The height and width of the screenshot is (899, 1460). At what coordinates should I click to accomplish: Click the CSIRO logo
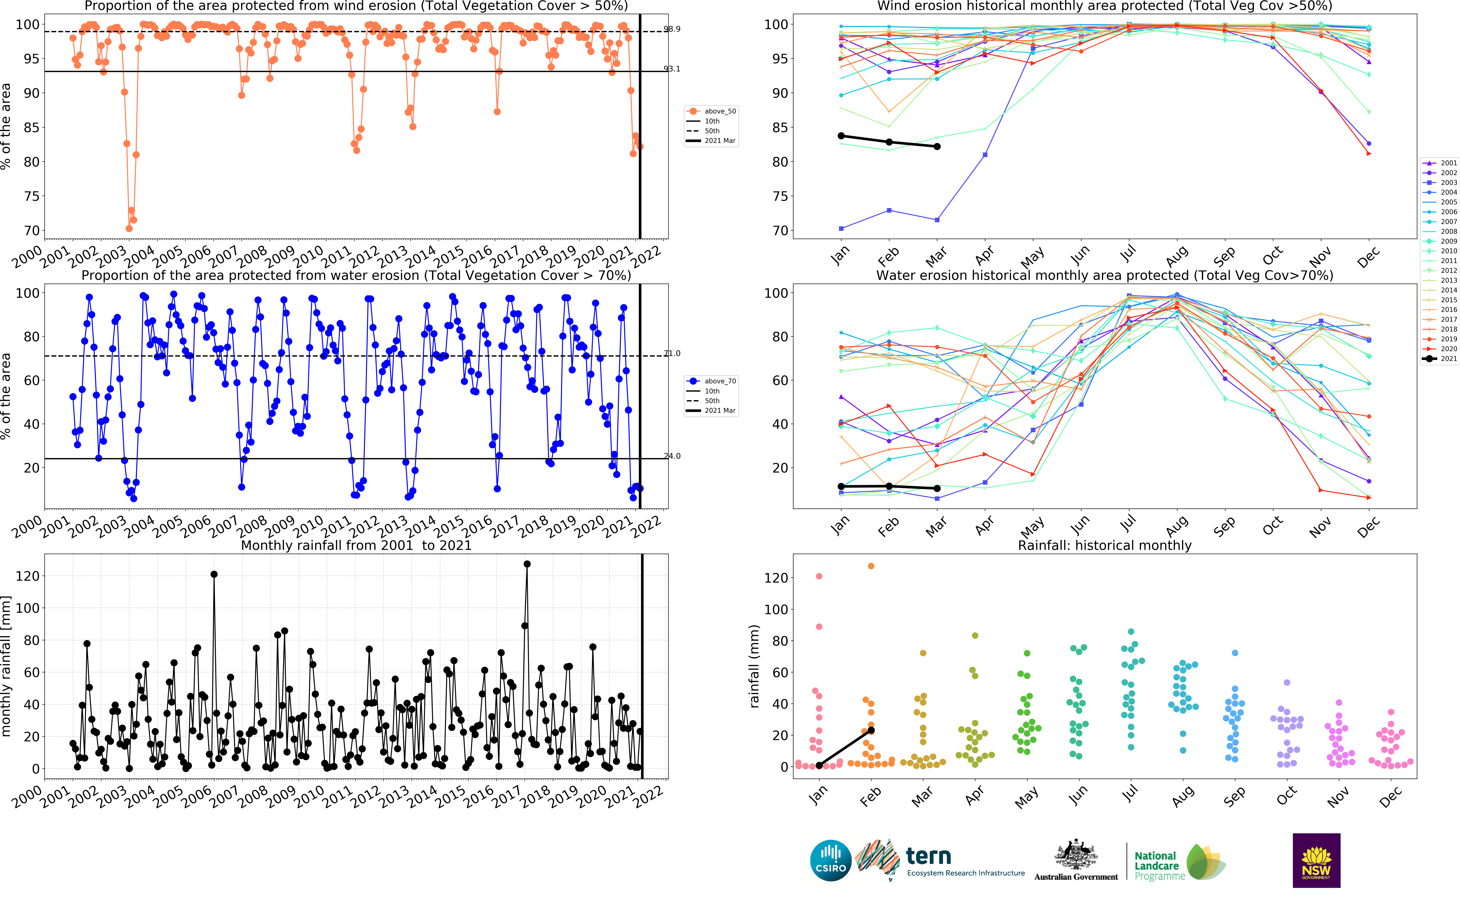(831, 860)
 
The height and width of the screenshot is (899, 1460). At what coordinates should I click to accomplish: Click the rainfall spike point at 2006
(214, 574)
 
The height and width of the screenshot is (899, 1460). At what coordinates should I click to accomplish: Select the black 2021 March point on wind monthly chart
(937, 146)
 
